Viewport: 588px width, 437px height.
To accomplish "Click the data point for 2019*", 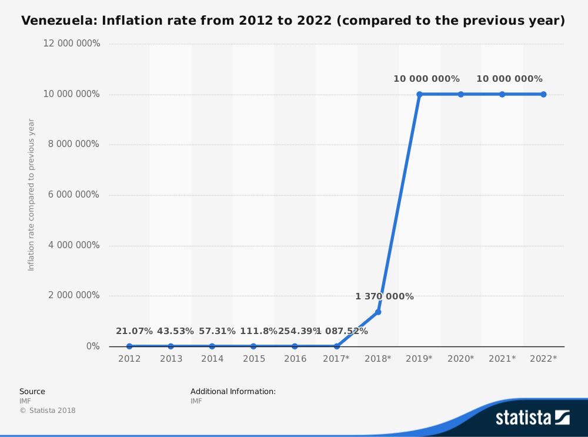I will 420,94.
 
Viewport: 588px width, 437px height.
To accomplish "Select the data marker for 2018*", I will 378,312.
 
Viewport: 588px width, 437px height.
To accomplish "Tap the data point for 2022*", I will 543,94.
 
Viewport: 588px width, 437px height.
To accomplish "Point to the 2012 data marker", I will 129,346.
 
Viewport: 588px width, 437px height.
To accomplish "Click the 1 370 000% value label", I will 385,296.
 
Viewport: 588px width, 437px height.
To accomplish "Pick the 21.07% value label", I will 134,331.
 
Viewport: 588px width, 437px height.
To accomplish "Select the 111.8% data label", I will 258,331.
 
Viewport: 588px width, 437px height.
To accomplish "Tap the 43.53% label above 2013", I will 175,331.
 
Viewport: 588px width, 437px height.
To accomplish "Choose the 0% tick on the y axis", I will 93,346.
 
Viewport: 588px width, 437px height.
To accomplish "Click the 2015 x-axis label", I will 253,359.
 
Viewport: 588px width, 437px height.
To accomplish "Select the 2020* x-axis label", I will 460,359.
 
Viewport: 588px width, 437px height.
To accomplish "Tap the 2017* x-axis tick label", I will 336,359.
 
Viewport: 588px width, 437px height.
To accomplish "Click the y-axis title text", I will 31,195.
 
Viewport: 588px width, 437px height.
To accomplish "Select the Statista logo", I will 532,418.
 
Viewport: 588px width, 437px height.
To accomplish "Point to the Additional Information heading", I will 233,392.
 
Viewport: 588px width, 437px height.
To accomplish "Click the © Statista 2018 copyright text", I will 48,411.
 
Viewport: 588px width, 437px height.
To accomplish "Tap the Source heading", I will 32,392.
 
